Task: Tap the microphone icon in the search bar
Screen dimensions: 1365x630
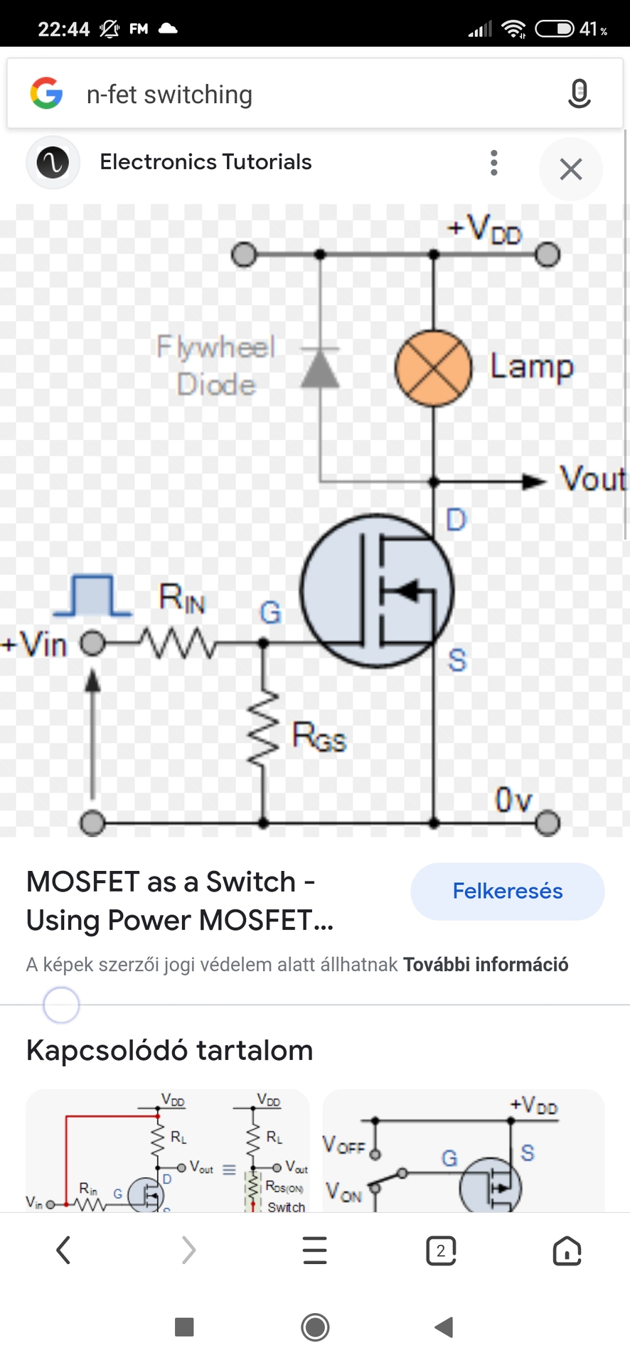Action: [x=579, y=94]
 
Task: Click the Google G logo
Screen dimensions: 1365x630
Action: [x=47, y=94]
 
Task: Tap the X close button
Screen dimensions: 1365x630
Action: [x=570, y=169]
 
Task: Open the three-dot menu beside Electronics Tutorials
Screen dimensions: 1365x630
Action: [x=493, y=163]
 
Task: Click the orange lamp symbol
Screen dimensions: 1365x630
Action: [x=433, y=368]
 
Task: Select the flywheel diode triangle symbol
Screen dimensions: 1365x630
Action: [x=320, y=368]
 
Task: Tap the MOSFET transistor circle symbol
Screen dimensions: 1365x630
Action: [x=376, y=591]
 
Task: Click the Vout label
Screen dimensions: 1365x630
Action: [x=592, y=478]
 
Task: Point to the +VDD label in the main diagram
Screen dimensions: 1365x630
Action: [x=485, y=229]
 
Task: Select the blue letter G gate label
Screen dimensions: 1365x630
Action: [x=270, y=612]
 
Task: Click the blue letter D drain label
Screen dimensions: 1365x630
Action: [x=456, y=520]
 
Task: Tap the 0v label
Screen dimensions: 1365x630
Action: [x=513, y=800]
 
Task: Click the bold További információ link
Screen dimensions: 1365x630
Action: [x=486, y=965]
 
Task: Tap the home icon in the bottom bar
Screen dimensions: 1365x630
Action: [x=567, y=1251]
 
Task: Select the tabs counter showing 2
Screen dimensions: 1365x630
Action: [x=441, y=1251]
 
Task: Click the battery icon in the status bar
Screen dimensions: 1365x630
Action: [x=555, y=28]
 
